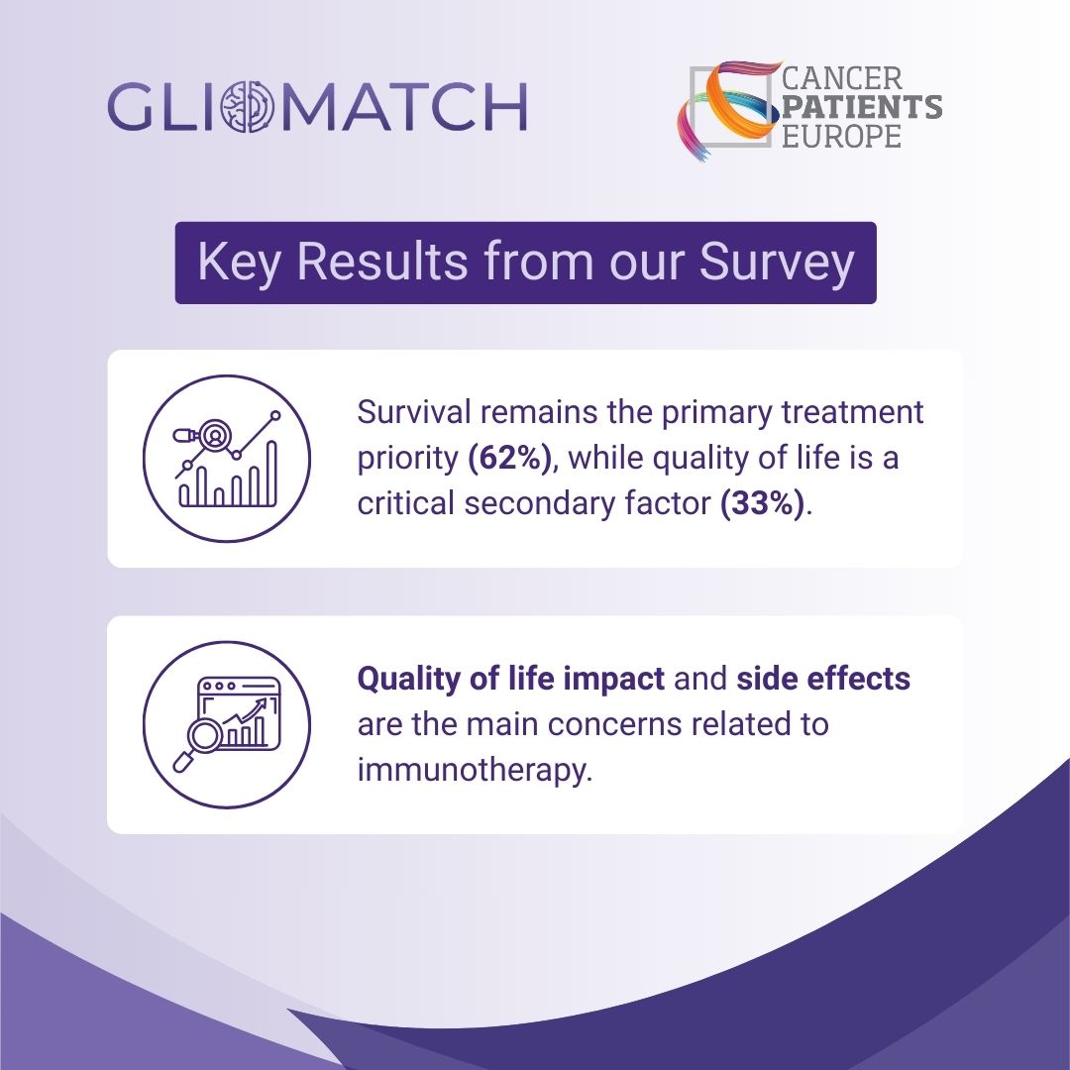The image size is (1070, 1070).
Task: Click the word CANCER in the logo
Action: tap(841, 78)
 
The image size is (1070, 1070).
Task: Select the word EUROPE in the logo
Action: tap(841, 135)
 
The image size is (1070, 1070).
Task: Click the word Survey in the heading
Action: tap(777, 263)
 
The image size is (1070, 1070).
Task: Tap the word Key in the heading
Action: tap(239, 263)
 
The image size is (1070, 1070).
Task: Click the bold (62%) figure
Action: tap(510, 458)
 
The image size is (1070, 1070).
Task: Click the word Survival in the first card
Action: tap(414, 412)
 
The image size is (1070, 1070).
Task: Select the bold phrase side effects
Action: tap(823, 679)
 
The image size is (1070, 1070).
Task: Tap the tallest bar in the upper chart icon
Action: tap(271, 474)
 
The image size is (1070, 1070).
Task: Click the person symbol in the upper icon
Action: tap(215, 435)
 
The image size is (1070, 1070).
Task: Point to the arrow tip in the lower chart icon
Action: tap(262, 702)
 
